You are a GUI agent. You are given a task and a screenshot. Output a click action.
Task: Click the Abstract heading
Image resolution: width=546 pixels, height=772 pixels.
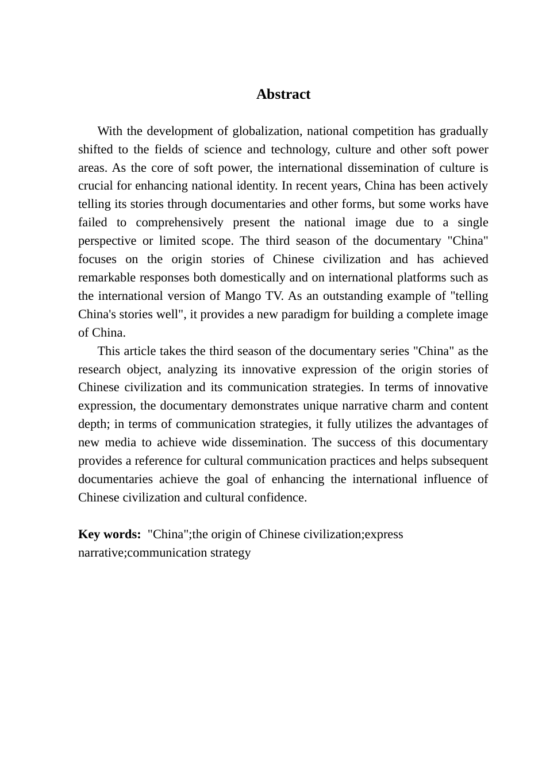coord(283,94)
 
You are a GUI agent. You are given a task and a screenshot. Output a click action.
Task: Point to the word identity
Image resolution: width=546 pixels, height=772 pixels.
coord(269,186)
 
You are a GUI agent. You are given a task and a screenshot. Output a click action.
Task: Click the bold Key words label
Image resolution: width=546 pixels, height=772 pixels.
coord(109,534)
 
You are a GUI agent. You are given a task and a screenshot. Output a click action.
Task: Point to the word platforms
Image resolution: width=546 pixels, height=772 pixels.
coord(416,277)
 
